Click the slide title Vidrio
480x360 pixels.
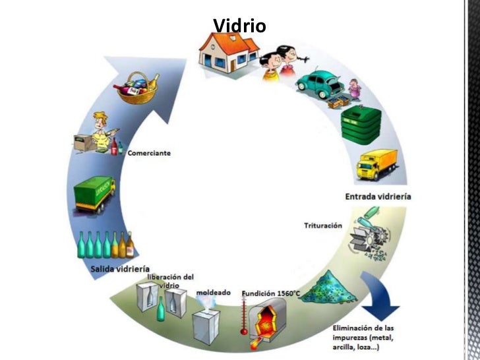(x=239, y=26)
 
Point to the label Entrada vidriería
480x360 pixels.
(x=379, y=196)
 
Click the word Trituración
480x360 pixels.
(x=323, y=225)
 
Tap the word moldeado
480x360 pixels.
(x=214, y=292)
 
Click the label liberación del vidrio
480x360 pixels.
(x=170, y=279)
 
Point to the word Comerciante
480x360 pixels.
(x=149, y=153)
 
